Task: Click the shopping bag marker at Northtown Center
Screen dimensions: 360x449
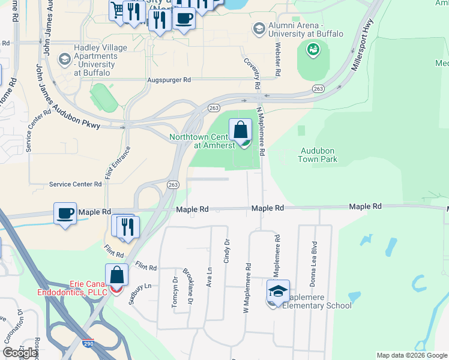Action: pyautogui.click(x=240, y=130)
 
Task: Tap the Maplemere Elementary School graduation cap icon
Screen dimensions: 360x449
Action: pyautogui.click(x=278, y=292)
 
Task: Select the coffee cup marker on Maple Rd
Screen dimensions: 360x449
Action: pyautogui.click(x=65, y=213)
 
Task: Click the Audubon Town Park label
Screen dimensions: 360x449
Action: pyautogui.click(x=318, y=155)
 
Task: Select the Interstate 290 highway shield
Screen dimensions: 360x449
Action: pyautogui.click(x=87, y=345)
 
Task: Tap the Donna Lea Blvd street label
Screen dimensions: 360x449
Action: pyautogui.click(x=314, y=254)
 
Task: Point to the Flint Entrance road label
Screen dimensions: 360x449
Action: pyautogui.click(x=109, y=163)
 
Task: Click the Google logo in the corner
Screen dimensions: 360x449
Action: pyautogui.click(x=20, y=353)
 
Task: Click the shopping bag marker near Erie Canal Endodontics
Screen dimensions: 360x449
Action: pyautogui.click(x=117, y=276)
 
